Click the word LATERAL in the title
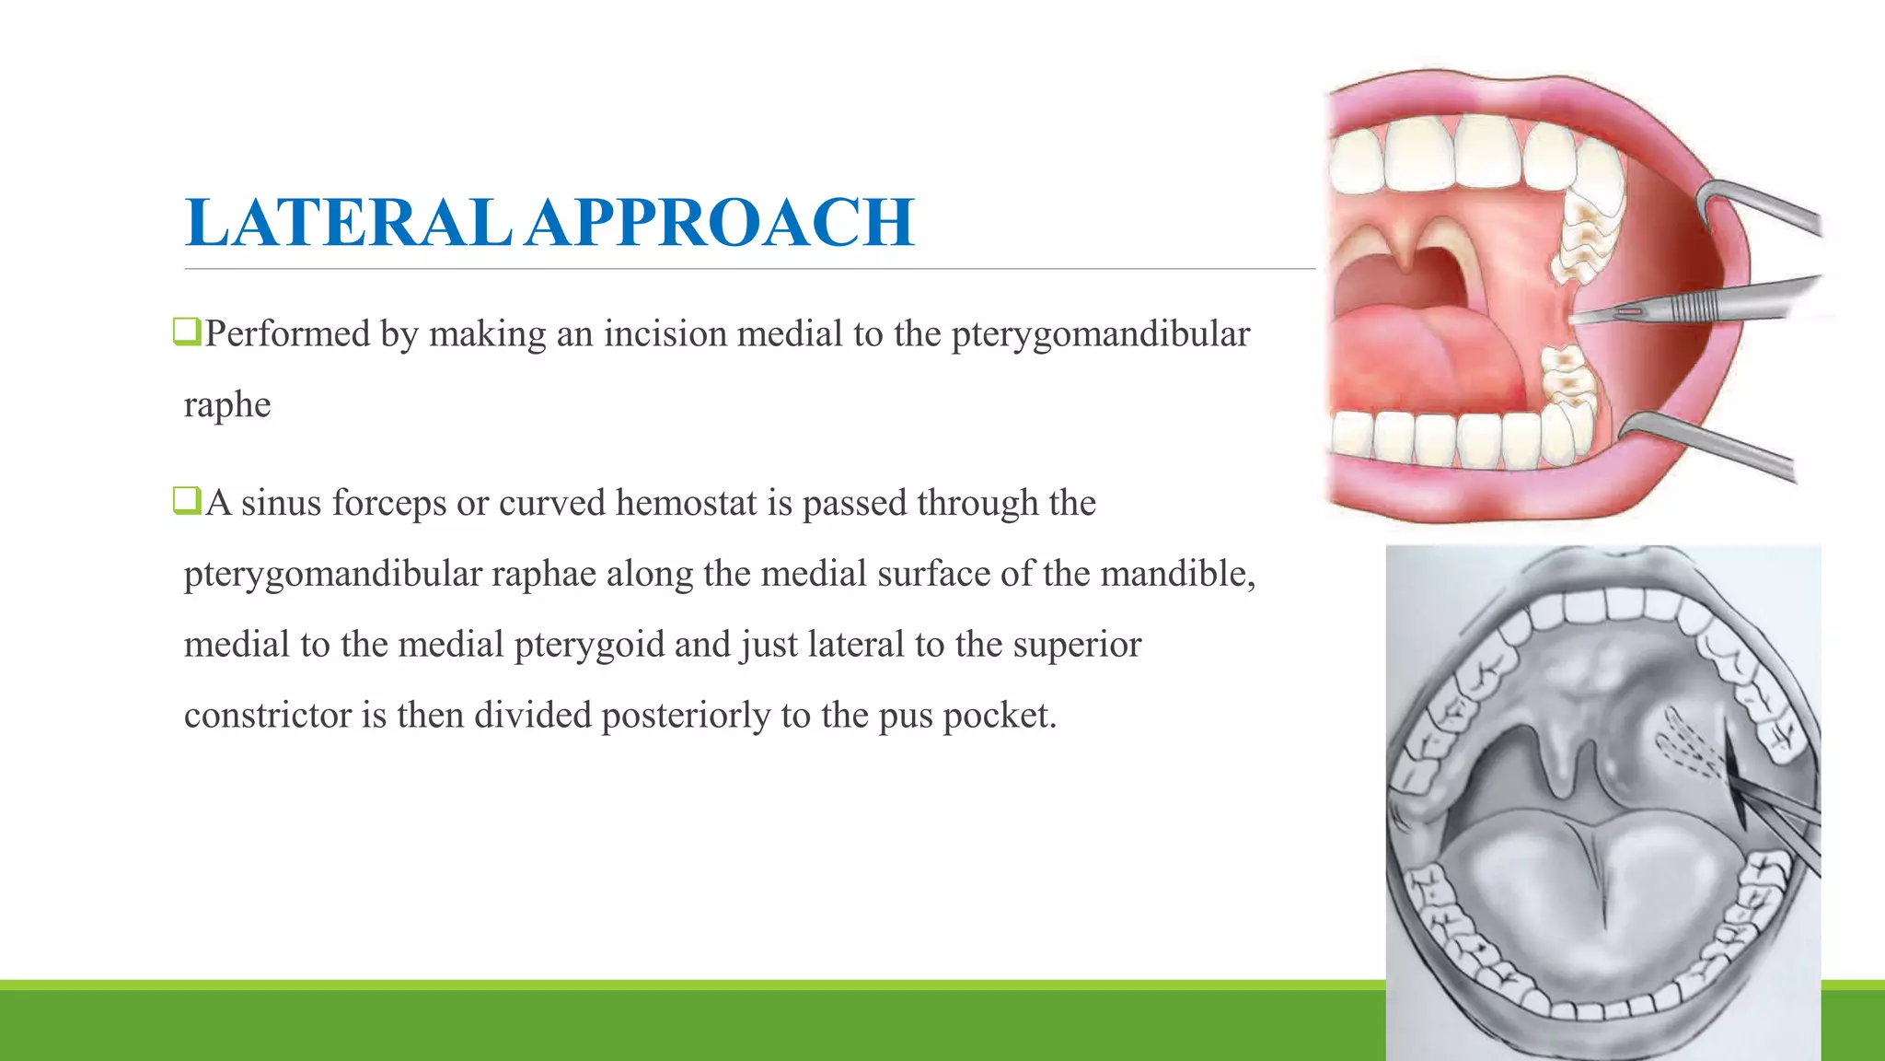coord(348,223)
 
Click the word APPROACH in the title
coord(720,223)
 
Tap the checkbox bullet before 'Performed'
coord(187,331)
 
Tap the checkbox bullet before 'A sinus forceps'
coord(187,500)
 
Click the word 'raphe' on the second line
coord(227,404)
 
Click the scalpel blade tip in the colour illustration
coord(1576,319)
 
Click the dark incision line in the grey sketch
coord(1735,783)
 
